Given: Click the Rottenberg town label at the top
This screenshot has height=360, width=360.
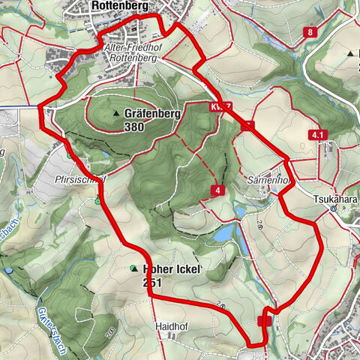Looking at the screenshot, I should click(118, 6).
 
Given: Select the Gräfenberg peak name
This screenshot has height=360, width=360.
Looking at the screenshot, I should click(150, 114).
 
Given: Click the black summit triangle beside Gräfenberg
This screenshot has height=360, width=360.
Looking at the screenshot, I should click(116, 114).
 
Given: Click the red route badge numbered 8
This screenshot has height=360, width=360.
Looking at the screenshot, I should click(310, 32).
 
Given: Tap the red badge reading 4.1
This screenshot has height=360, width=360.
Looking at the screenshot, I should click(319, 135).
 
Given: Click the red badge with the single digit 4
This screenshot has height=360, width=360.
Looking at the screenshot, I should click(217, 190).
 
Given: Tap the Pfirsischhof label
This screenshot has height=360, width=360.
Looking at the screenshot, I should click(94, 180).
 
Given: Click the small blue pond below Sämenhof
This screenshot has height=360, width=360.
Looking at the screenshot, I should click(222, 235).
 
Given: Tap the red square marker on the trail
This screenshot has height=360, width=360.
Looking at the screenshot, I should click(264, 321).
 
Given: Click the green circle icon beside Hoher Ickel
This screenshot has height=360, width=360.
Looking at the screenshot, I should click(133, 268).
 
